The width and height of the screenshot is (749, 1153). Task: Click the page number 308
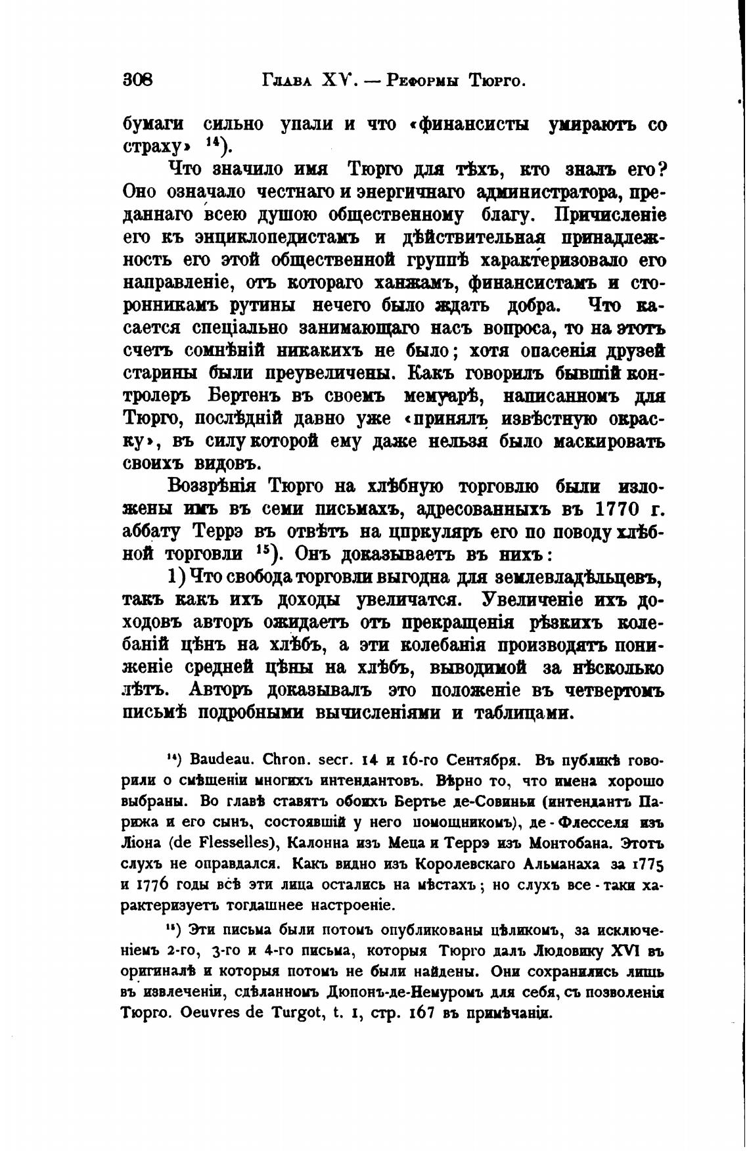[x=137, y=81]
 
